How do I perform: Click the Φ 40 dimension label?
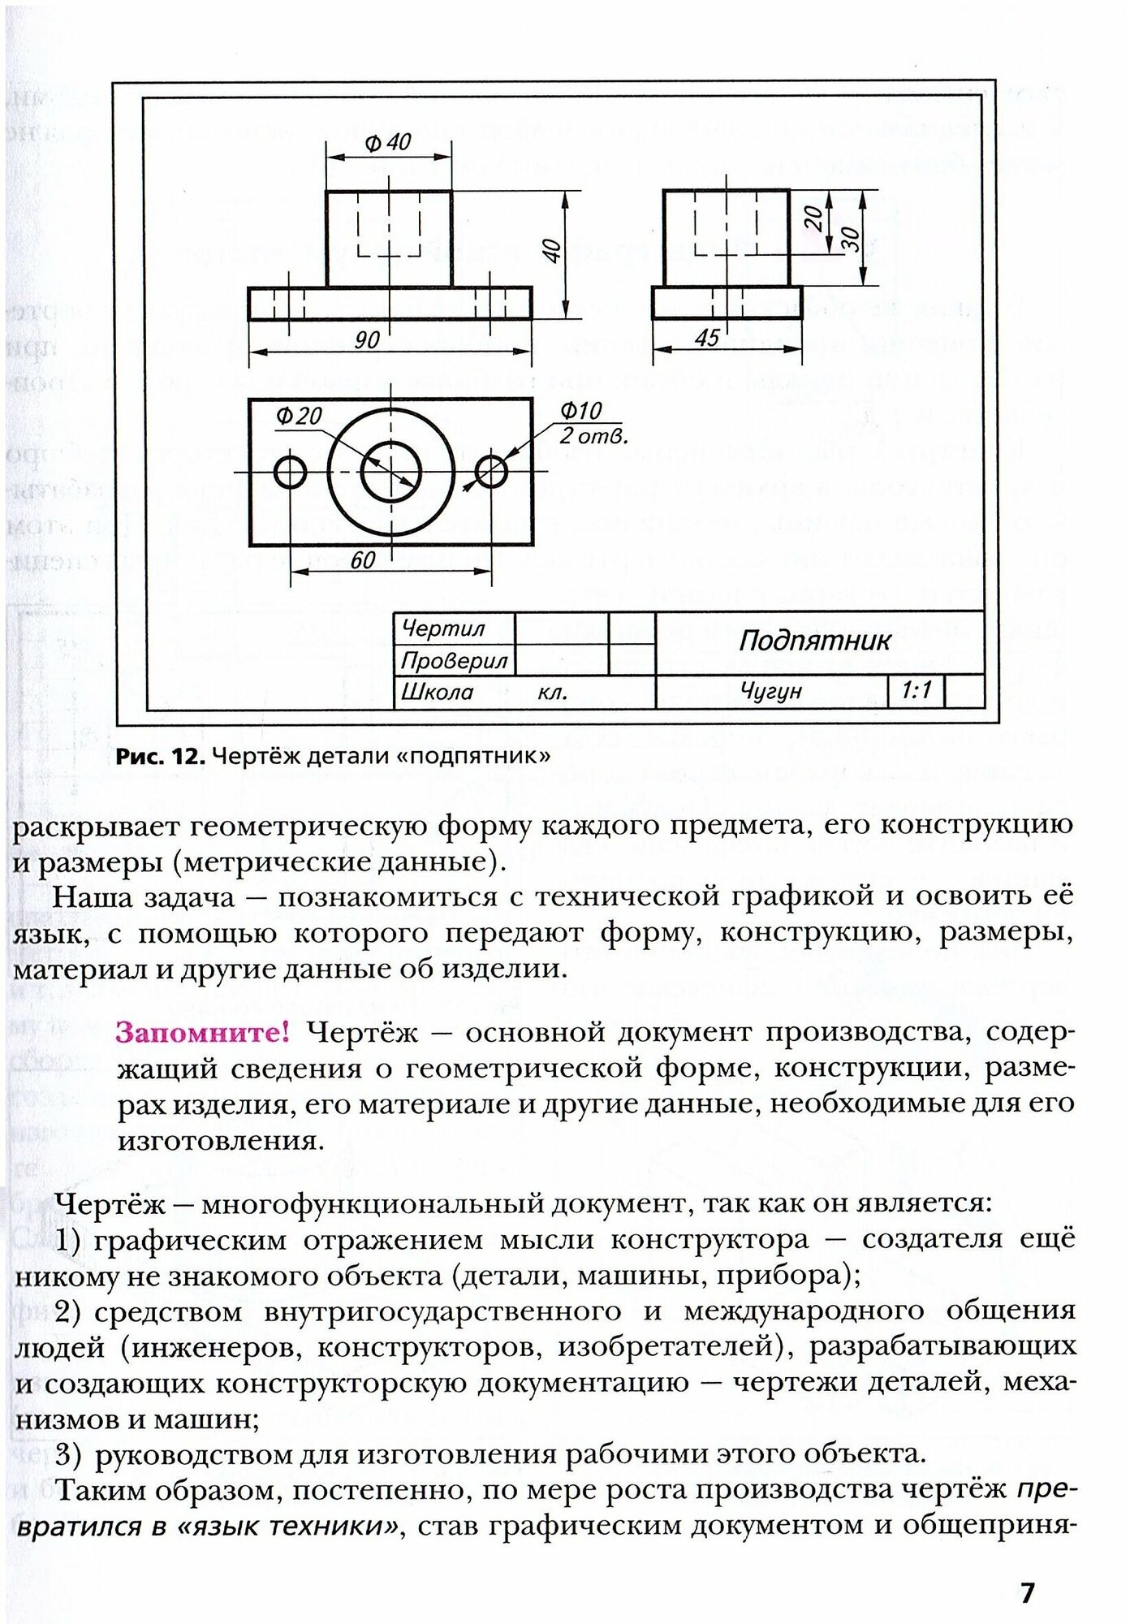pyautogui.click(x=388, y=143)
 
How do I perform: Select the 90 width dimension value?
pyautogui.click(x=367, y=340)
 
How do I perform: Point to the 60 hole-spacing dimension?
pyautogui.click(x=363, y=559)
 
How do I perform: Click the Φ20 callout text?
pyautogui.click(x=299, y=416)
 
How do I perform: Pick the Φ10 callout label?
pyautogui.click(x=580, y=411)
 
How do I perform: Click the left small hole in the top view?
pyautogui.click(x=290, y=471)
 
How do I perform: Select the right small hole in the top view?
pyautogui.click(x=491, y=471)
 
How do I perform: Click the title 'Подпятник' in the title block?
pyautogui.click(x=814, y=641)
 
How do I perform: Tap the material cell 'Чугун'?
pyautogui.click(x=770, y=692)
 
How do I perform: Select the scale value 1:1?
pyautogui.click(x=916, y=691)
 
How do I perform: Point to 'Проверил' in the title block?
pyautogui.click(x=454, y=661)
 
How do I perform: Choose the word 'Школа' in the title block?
pyautogui.click(x=438, y=693)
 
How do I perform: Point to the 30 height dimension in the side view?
pyautogui.click(x=850, y=237)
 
